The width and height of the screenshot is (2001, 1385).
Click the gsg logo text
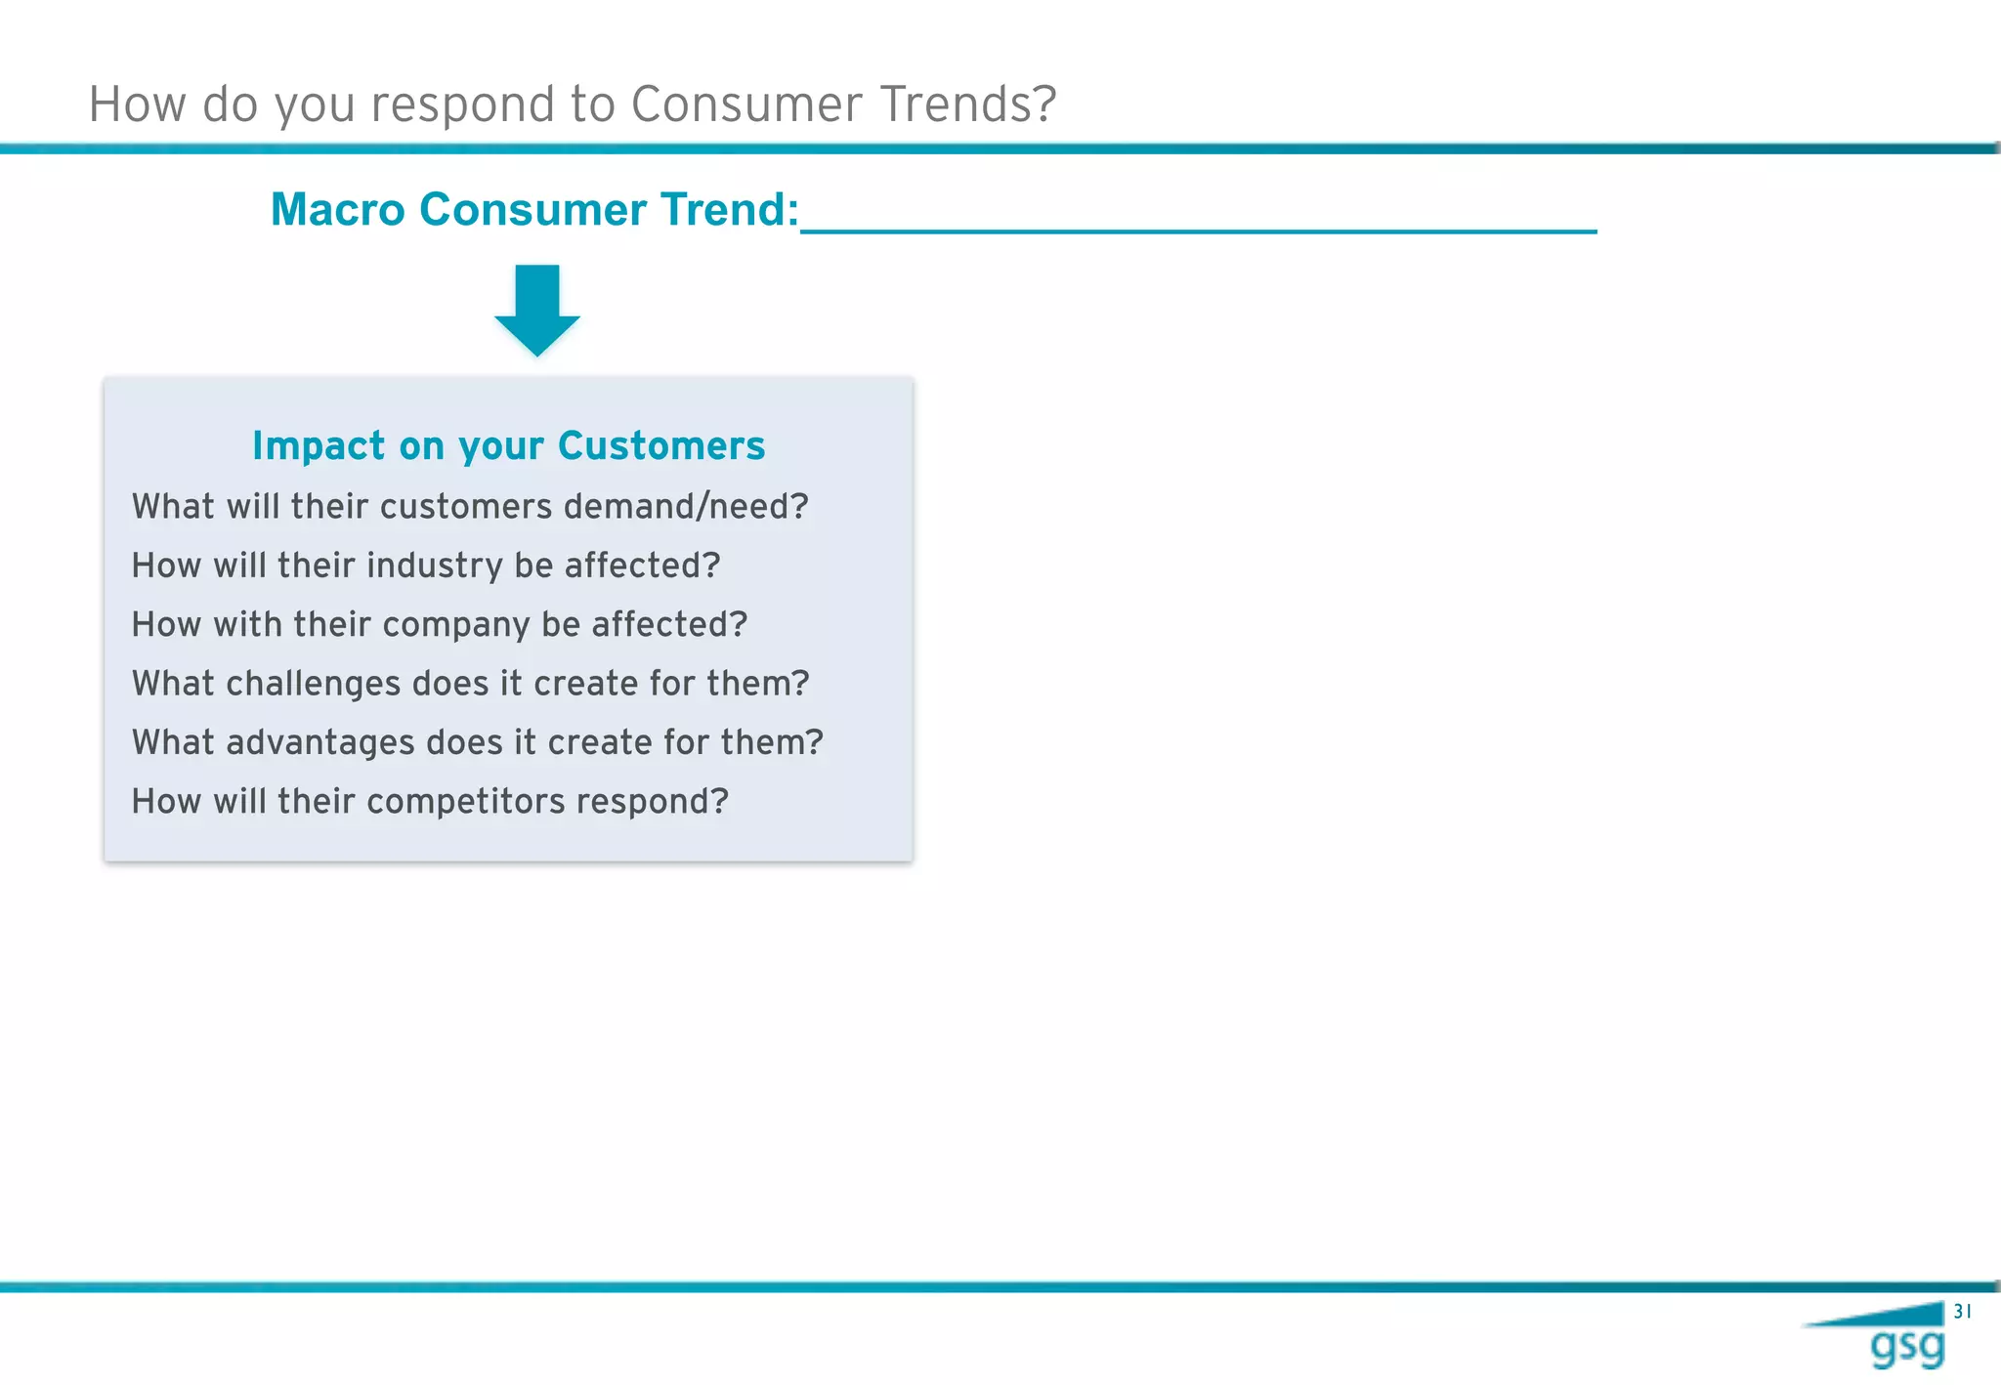pyautogui.click(x=1906, y=1348)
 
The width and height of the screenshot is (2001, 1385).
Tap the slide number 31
pyautogui.click(x=1962, y=1312)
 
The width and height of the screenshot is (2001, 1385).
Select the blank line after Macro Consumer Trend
pyautogui.click(x=1198, y=227)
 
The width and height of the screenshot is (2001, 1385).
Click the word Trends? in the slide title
pyautogui.click(x=968, y=105)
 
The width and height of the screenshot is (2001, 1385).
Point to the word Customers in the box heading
pyautogui.click(x=661, y=446)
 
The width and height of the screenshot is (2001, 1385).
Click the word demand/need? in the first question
pyautogui.click(x=686, y=507)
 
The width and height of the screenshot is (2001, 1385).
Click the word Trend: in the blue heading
pyautogui.click(x=730, y=210)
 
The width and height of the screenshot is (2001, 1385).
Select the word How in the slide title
pyautogui.click(x=137, y=105)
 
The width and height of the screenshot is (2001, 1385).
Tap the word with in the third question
pyautogui.click(x=247, y=625)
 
